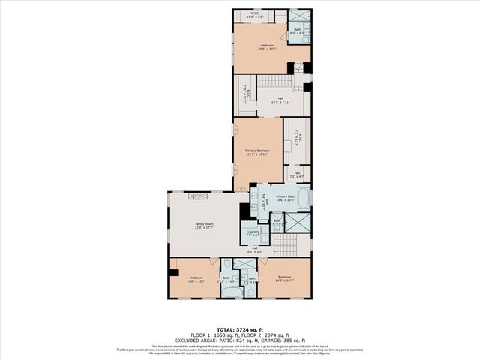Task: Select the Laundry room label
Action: click(x=253, y=234)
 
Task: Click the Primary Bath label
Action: click(x=286, y=197)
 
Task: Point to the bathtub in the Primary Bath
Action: click(x=303, y=198)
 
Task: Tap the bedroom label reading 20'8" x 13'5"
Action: click(x=268, y=48)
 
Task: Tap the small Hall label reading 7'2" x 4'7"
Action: click(x=298, y=175)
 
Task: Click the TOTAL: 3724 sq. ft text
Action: click(x=240, y=329)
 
